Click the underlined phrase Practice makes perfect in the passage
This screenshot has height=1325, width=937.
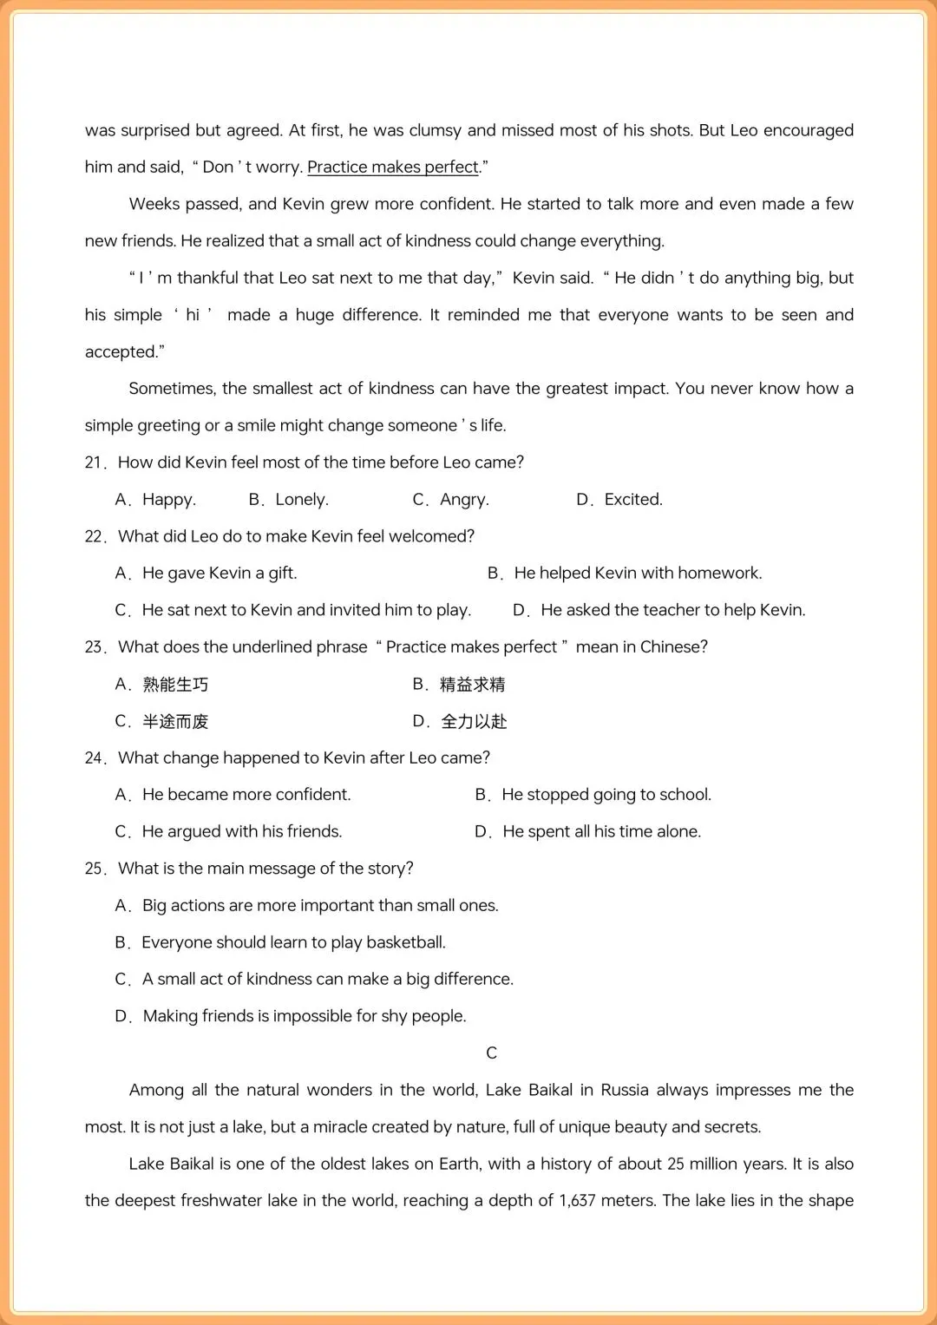392,167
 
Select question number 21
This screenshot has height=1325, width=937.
95,462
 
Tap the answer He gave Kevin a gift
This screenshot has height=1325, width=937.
219,574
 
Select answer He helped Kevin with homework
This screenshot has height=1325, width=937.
637,574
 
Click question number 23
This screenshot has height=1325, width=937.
95,647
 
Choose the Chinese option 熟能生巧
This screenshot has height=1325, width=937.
175,685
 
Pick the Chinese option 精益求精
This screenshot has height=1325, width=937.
472,685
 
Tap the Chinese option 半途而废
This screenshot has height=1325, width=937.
175,722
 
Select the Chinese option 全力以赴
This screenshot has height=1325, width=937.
474,722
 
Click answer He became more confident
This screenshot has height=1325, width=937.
246,795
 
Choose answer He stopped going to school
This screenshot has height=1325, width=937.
606,795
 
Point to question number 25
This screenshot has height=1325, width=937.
95,869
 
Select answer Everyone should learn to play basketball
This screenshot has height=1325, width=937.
293,942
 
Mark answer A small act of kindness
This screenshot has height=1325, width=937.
327,980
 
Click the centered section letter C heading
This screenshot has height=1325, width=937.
491,1053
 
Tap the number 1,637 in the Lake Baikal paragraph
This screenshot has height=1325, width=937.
577,1201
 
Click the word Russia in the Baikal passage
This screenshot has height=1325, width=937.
624,1090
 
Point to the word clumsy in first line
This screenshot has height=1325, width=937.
435,131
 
